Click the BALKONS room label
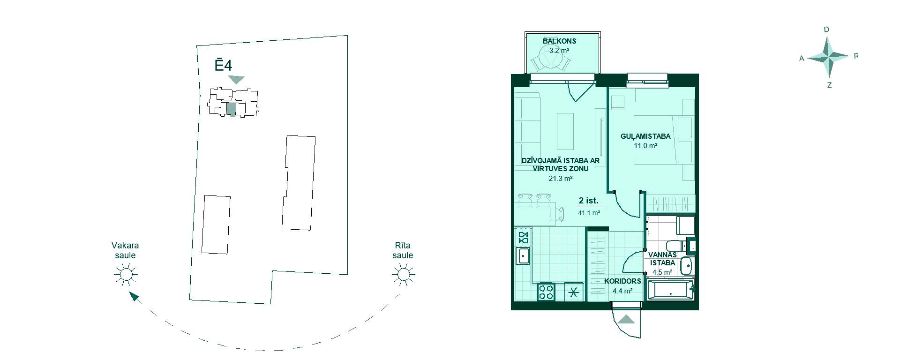coord(559,41)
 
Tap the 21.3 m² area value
coord(561,178)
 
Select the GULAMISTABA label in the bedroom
coord(645,136)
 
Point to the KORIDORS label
coord(622,281)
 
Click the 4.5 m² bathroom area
coord(662,272)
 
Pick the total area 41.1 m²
coord(589,213)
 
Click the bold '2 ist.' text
coord(589,201)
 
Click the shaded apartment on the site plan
coord(231,109)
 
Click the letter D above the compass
coord(826,30)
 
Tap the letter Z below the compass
coord(829,85)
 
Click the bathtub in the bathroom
coord(670,289)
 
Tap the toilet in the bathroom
coord(675,246)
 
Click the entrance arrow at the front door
coord(626,319)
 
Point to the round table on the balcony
coord(551,59)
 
